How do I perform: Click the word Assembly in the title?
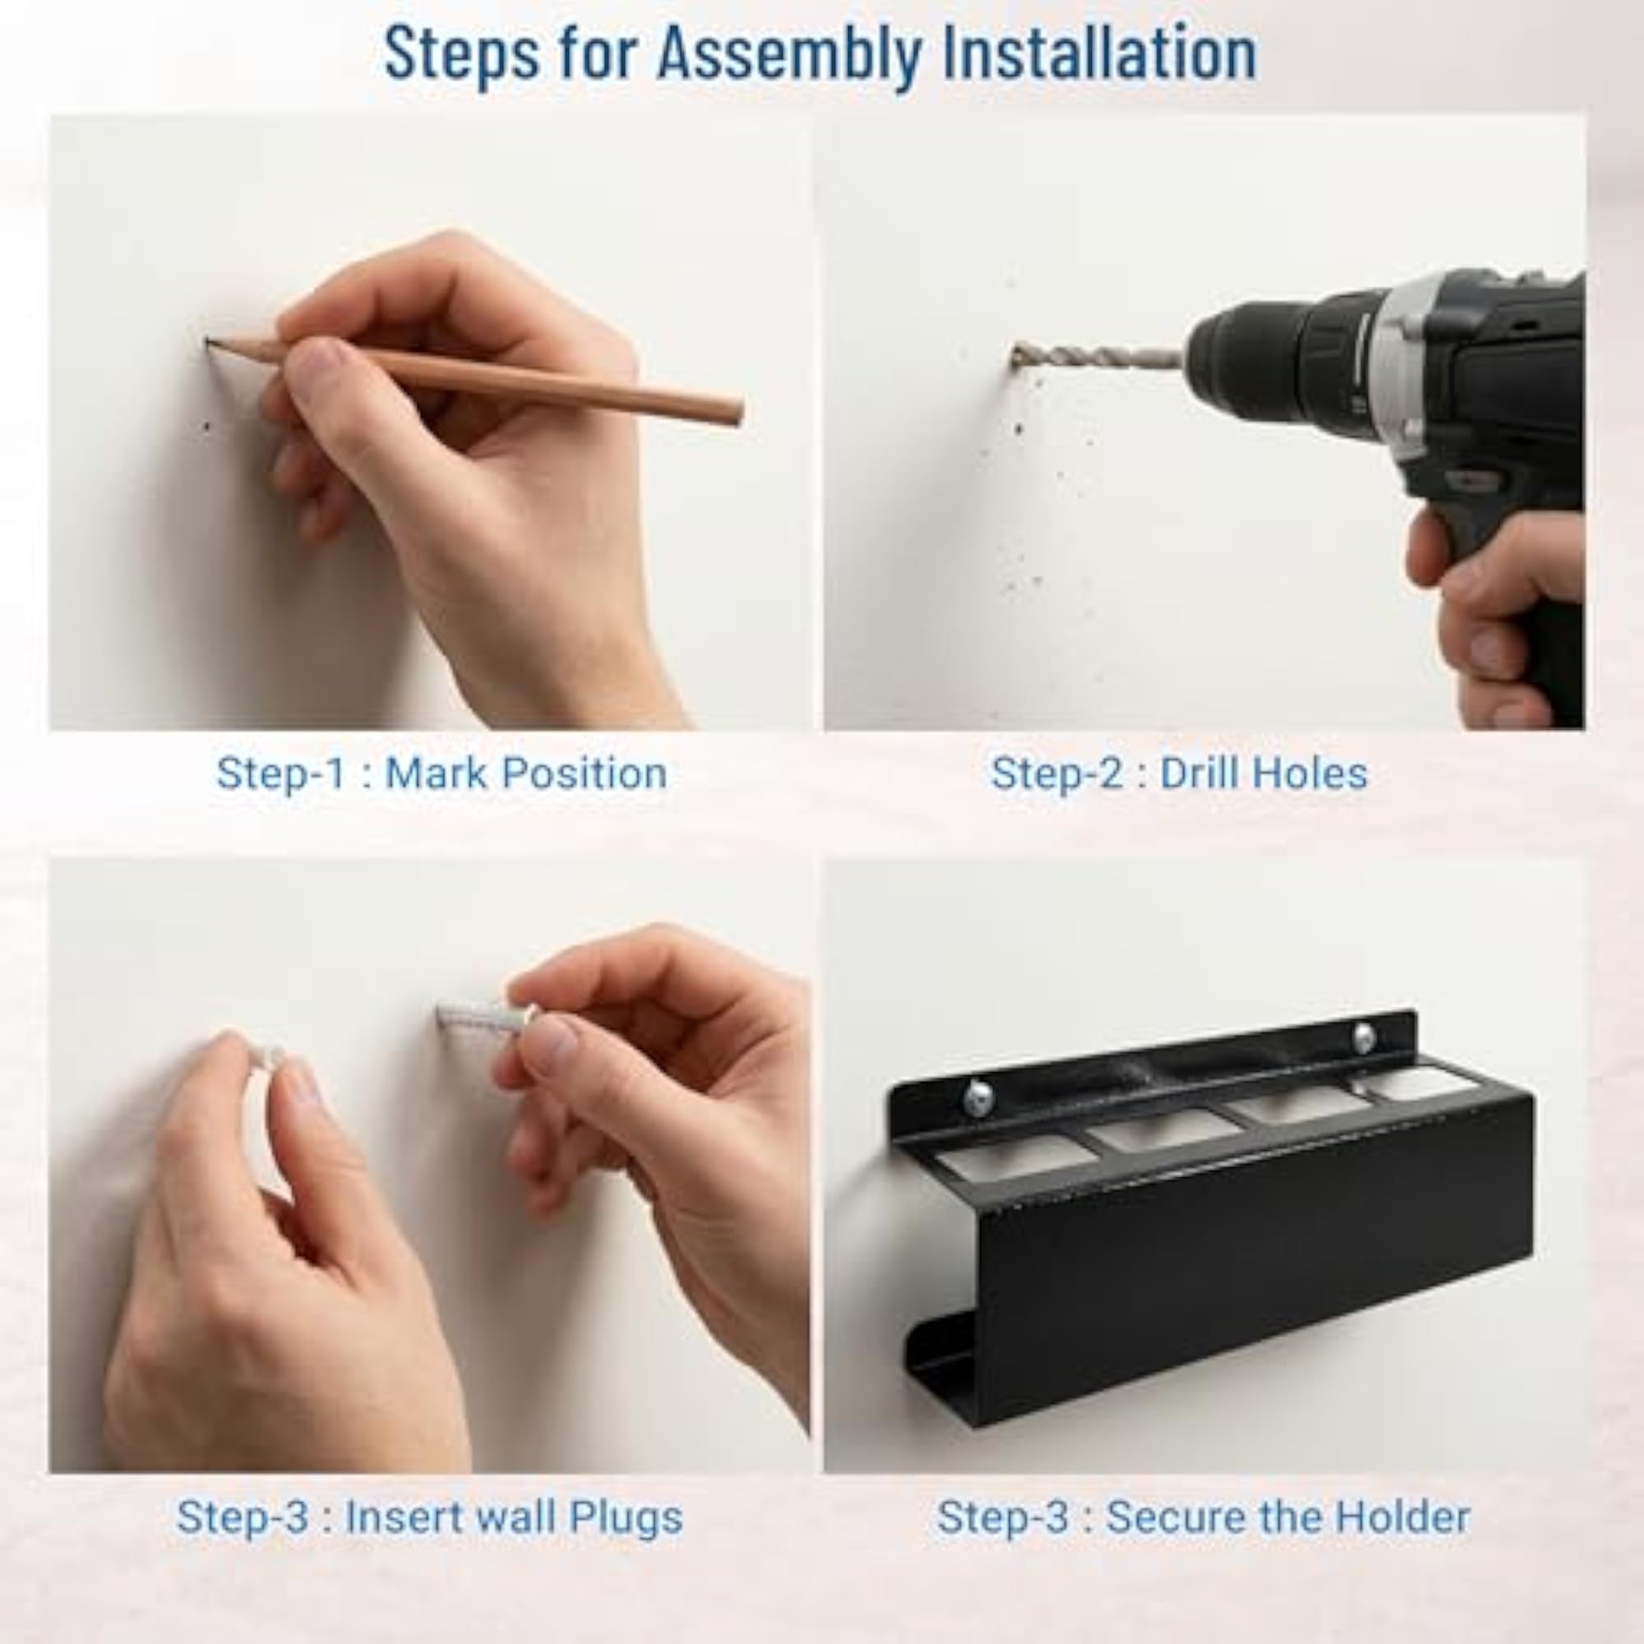(788, 54)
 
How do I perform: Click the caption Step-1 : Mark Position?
(441, 774)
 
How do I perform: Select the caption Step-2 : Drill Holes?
(1179, 774)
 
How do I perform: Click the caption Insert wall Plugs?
(513, 1517)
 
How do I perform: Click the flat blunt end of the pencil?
(737, 413)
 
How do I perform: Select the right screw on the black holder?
(1364, 1036)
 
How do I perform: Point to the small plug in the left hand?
(270, 1058)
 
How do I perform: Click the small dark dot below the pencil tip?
(207, 427)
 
